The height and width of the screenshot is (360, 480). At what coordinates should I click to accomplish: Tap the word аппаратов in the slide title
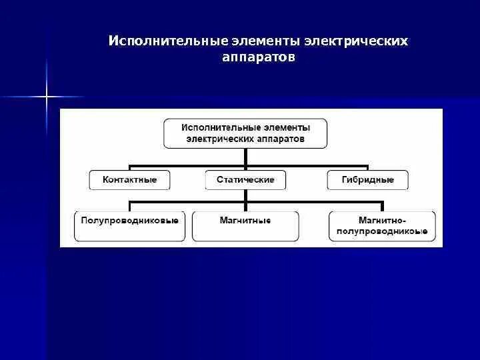[258, 58]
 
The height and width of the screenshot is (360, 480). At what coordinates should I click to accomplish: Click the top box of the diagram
[245, 133]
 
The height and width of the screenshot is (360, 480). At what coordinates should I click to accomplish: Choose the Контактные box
[130, 179]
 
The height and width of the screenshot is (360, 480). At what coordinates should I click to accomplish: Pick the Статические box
[245, 179]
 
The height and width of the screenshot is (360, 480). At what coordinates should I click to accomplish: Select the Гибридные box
[367, 179]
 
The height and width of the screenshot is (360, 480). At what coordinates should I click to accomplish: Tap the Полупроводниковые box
[129, 226]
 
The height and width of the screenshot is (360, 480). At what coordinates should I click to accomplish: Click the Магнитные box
[245, 226]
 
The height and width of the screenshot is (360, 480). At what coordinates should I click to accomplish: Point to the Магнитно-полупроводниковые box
[383, 226]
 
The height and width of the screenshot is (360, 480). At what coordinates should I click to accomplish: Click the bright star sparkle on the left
[47, 97]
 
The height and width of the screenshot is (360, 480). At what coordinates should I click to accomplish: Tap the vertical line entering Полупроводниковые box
[129, 206]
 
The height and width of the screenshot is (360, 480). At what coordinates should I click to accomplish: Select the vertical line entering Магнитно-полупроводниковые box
[383, 206]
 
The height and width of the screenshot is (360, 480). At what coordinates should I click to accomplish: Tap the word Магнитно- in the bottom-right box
[383, 219]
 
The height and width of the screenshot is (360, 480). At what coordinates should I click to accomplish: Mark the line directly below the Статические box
[245, 195]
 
